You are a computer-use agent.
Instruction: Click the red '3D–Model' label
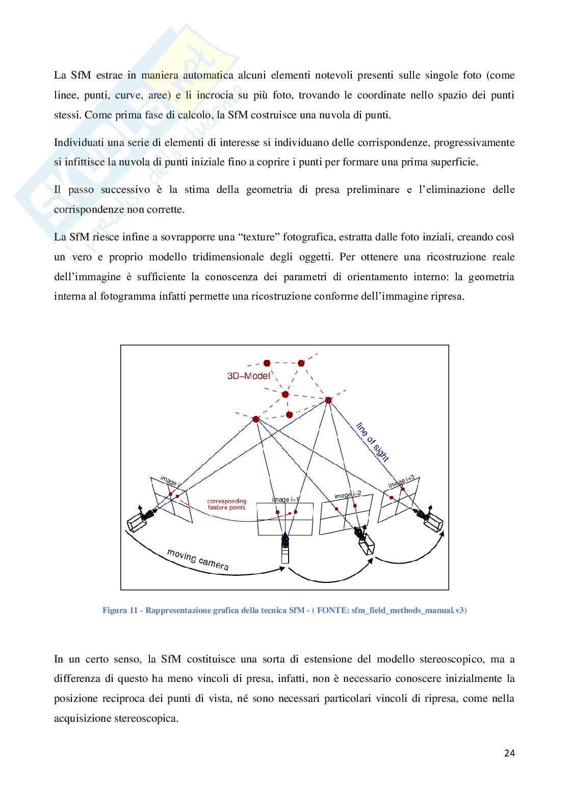pos(248,376)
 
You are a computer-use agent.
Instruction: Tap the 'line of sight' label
pos(373,442)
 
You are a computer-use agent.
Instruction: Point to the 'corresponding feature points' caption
pos(226,504)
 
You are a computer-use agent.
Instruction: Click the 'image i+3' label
pos(404,481)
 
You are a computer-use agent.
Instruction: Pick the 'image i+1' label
pos(286,500)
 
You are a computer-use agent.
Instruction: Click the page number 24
pos(509,753)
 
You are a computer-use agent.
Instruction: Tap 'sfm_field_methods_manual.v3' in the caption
pos(408,610)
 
